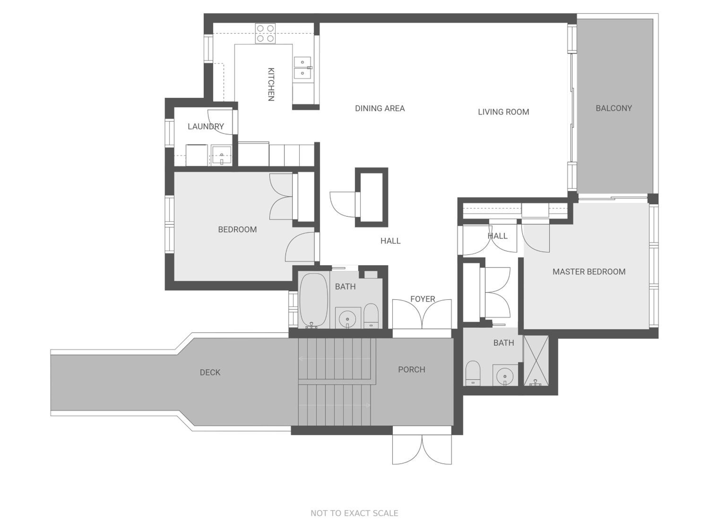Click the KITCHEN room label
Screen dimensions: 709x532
[x=271, y=84]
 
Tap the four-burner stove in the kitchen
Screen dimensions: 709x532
[x=265, y=33]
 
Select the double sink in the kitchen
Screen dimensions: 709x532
[x=303, y=68]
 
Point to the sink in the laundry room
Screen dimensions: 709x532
[x=221, y=156]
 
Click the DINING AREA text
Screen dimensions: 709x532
[x=380, y=108]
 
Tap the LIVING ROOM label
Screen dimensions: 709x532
[x=504, y=112]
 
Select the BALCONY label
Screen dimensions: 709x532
[x=614, y=108]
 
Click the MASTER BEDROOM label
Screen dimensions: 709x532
[x=589, y=272]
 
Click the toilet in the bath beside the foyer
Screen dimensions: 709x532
[x=371, y=316]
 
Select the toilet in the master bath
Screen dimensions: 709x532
[x=473, y=373]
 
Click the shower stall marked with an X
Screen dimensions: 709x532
[x=536, y=360]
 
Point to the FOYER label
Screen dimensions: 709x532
[x=423, y=299]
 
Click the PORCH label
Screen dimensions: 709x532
[x=411, y=369]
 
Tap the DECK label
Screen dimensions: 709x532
[x=210, y=372]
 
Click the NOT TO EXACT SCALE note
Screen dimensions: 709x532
[x=354, y=513]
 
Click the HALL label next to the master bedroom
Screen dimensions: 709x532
[x=497, y=236]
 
